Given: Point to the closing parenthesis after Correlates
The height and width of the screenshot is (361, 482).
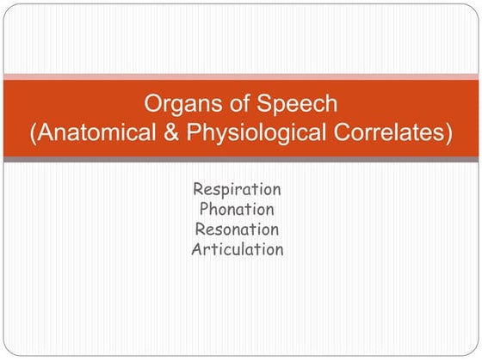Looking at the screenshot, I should pyautogui.click(x=449, y=135).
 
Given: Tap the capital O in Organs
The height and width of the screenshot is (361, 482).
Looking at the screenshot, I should pyautogui.click(x=151, y=105).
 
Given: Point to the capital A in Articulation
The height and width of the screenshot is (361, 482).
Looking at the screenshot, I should pyautogui.click(x=197, y=250).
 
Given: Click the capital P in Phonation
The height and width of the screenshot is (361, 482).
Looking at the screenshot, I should pyautogui.click(x=204, y=209).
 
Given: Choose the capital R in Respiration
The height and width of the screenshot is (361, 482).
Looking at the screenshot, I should pyautogui.click(x=199, y=188).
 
